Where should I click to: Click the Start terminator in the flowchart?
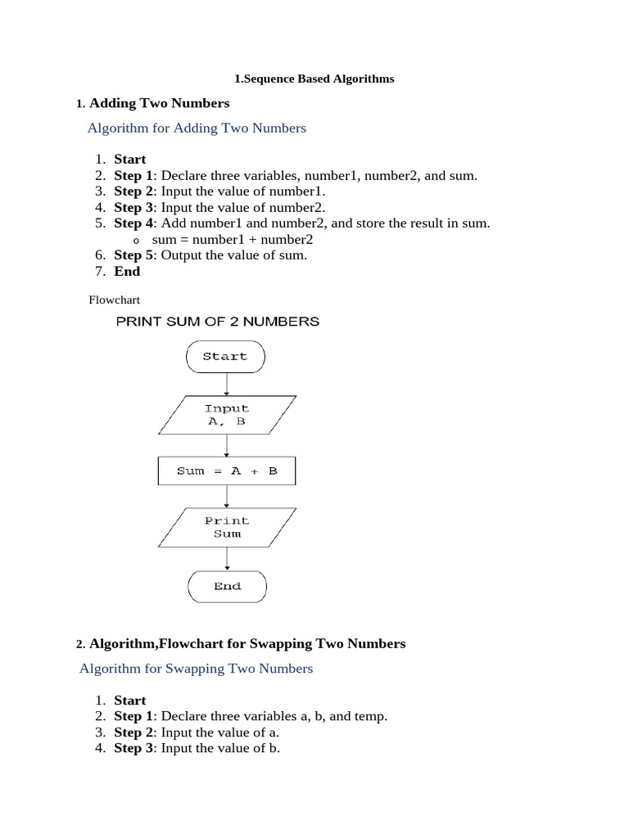(x=225, y=357)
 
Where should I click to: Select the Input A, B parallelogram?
(x=226, y=415)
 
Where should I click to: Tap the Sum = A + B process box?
(x=227, y=471)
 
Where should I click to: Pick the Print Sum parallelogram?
(x=227, y=527)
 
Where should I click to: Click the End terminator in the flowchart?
(x=227, y=586)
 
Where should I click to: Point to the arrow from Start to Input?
(x=226, y=384)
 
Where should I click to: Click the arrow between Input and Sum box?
(x=227, y=445)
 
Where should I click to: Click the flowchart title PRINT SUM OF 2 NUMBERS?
(x=217, y=322)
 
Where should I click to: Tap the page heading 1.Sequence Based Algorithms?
(x=314, y=79)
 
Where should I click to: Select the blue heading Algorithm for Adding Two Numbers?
(x=197, y=128)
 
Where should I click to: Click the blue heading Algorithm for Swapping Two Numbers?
(x=196, y=669)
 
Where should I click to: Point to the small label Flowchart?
(x=115, y=300)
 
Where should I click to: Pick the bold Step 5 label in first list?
(x=133, y=255)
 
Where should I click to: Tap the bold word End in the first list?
(x=127, y=272)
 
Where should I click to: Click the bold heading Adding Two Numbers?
(x=159, y=103)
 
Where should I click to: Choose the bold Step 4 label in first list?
(x=133, y=223)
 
